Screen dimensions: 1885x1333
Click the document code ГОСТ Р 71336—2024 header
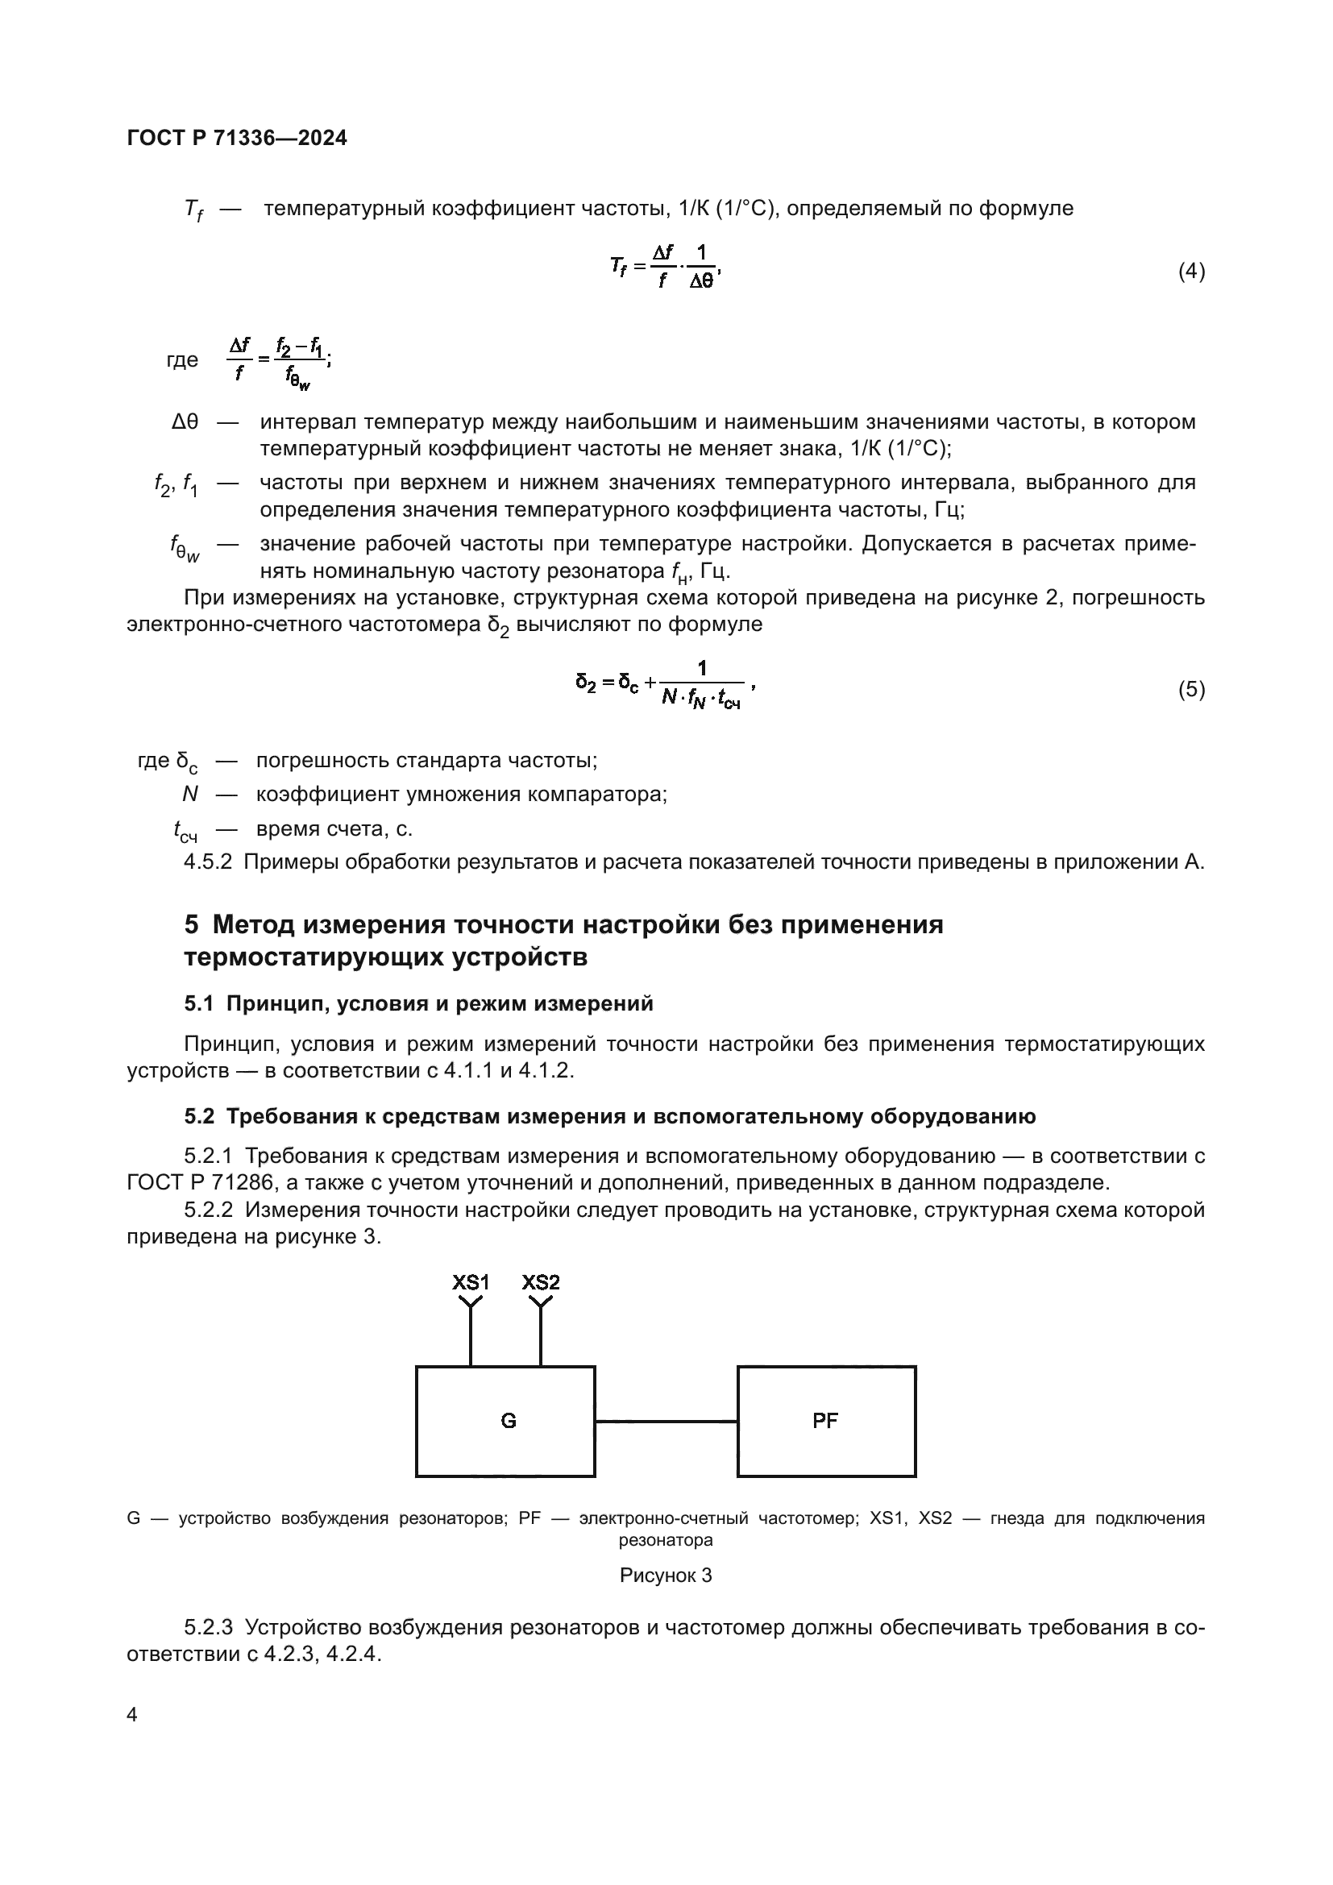(x=237, y=138)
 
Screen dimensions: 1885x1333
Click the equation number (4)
(x=1191, y=271)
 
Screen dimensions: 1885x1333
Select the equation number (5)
(x=1191, y=690)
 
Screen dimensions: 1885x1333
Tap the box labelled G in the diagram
(x=505, y=1421)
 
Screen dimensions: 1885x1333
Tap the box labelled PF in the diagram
(x=826, y=1421)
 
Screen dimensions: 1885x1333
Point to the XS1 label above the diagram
(x=471, y=1282)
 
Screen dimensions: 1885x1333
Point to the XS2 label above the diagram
(x=540, y=1282)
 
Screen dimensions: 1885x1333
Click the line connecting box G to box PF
(x=666, y=1421)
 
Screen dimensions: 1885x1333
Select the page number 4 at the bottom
(x=132, y=1715)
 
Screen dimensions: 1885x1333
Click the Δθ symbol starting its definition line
(x=185, y=422)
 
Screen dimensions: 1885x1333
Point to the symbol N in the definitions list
(x=189, y=794)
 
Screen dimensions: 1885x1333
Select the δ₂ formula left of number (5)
(x=665, y=685)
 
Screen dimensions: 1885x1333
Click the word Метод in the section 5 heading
(x=254, y=925)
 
